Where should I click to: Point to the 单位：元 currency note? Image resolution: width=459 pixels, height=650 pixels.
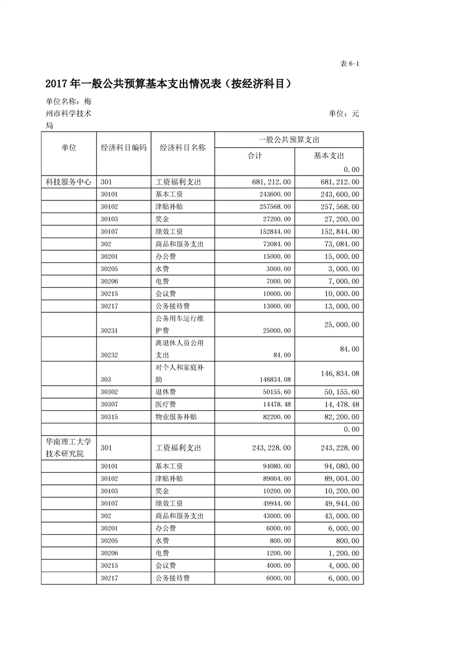[x=344, y=114]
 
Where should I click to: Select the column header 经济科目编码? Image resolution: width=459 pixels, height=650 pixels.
[x=123, y=148]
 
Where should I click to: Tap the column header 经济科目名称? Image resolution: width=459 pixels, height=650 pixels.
[x=183, y=148]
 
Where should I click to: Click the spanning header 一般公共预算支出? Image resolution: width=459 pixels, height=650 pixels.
[x=289, y=140]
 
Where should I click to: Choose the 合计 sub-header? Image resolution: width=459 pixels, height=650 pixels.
[x=255, y=155]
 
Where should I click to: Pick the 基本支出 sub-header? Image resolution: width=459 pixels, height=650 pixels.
[x=329, y=155]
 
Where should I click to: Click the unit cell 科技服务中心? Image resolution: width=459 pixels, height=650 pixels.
[x=68, y=182]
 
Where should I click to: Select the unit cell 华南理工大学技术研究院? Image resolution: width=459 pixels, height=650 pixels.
[x=68, y=448]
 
